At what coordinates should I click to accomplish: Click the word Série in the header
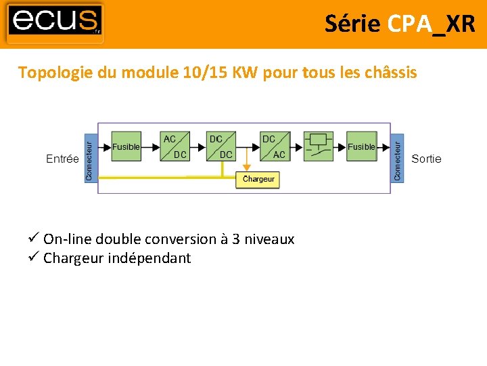pos(352,24)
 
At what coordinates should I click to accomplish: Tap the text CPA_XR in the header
pos(432,24)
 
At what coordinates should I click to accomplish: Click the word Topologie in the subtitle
pos(55,73)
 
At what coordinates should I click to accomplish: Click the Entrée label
pos(62,159)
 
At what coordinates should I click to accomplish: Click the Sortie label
pos(426,159)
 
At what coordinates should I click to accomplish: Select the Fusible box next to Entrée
pos(126,146)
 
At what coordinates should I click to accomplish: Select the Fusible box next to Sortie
pos(361,146)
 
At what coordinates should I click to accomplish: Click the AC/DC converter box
pos(175,146)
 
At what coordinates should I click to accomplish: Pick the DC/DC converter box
pos(221,146)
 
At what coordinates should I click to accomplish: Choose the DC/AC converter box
pos(274,146)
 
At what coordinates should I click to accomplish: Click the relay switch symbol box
pos(319,146)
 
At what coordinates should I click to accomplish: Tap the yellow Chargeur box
pos(258,179)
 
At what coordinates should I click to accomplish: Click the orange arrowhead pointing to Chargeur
pos(247,167)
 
